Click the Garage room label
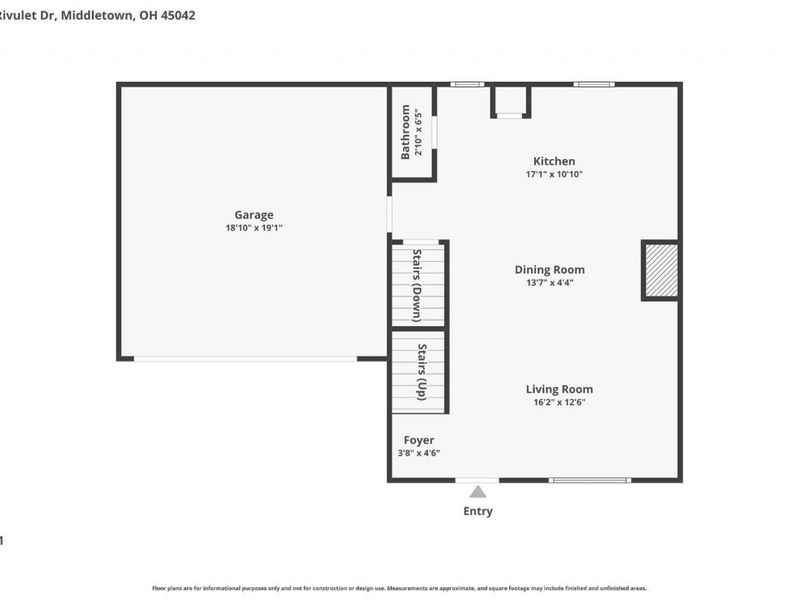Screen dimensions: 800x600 pos(254,214)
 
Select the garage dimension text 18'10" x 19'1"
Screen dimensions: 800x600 pos(254,228)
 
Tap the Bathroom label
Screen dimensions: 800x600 pos(405,132)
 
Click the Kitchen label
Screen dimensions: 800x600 pos(554,161)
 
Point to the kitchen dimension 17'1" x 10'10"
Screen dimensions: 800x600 pos(554,174)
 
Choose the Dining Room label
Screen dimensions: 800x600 pos(549,269)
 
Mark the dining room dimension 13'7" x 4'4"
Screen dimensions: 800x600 pos(549,282)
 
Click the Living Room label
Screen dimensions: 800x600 pos(559,389)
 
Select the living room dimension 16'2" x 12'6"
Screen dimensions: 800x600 pos(559,402)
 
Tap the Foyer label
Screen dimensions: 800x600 pos(418,440)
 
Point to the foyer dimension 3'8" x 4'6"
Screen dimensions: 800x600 pos(418,453)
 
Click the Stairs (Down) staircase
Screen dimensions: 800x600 pos(418,284)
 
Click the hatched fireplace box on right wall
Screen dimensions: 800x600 pos(660,270)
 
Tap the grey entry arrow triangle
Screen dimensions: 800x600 pos(478,491)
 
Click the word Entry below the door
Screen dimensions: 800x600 pos(478,511)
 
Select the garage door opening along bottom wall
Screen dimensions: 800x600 pos(245,358)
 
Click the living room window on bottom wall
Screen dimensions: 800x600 pos(590,480)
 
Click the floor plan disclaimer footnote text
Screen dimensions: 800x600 pos(399,588)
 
